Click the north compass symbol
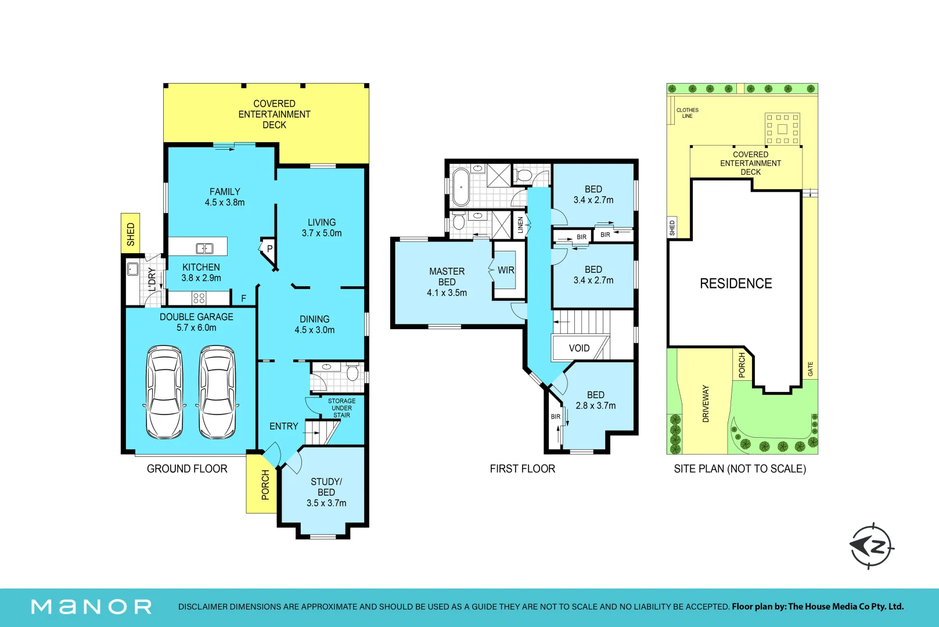tap(872, 546)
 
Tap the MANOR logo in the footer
tap(91, 607)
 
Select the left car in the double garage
tap(164, 392)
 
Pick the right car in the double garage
tap(217, 392)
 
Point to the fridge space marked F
tap(243, 298)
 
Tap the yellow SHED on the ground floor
tap(131, 233)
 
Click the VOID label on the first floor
tap(579, 348)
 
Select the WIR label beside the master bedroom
tap(506, 271)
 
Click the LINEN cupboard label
tap(520, 225)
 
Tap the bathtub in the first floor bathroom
tap(460, 187)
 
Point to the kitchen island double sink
tap(204, 248)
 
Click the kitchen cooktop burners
tap(199, 298)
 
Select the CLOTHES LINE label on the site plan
tap(688, 113)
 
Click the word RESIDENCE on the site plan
tap(736, 284)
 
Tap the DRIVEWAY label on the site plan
tap(706, 403)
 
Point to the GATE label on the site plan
tap(810, 369)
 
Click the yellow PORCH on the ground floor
tap(261, 484)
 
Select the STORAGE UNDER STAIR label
tap(341, 408)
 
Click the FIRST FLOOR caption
tap(522, 469)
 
